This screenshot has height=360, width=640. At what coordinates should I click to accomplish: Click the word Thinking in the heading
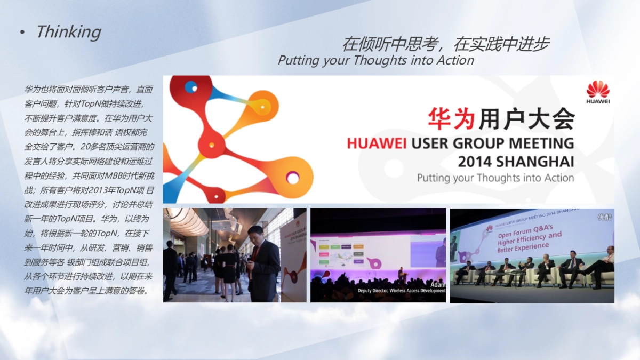68,32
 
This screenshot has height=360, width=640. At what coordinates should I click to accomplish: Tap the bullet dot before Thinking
22,33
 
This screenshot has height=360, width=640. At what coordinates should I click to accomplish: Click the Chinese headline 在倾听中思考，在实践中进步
445,44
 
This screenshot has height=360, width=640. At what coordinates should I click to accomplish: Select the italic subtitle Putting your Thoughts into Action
375,60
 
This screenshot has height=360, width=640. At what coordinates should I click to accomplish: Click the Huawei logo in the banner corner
597,92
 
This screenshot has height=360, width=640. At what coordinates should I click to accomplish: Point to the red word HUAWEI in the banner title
377,143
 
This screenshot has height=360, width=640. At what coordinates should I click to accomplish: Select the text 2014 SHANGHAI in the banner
516,161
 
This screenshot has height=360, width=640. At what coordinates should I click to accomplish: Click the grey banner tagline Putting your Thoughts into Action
495,178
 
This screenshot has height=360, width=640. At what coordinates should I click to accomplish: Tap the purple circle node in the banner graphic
292,177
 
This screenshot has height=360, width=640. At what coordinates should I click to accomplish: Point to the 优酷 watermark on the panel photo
605,217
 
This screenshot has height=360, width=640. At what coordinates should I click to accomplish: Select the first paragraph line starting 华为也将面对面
89,90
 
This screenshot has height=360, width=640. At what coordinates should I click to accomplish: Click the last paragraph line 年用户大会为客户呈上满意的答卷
86,291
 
